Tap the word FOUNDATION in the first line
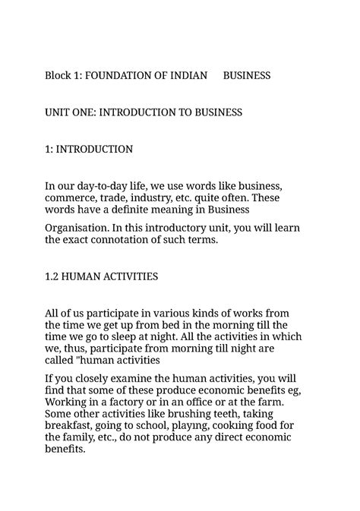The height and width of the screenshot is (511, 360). pyautogui.click(x=122, y=76)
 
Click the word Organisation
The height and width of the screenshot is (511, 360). pyautogui.click(x=78, y=228)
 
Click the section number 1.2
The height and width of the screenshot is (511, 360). pyautogui.click(x=52, y=276)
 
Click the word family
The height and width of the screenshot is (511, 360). pyautogui.click(x=81, y=437)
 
